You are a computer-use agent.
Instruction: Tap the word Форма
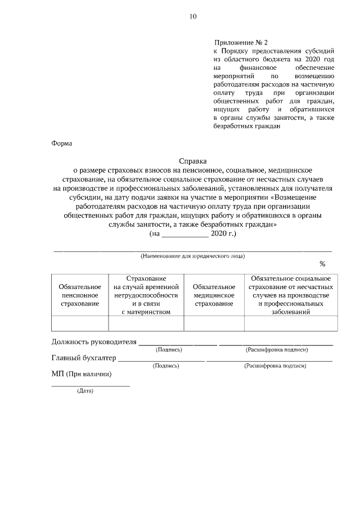[62, 143]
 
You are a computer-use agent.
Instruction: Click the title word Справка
[193, 160]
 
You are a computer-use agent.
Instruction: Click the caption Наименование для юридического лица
[192, 255]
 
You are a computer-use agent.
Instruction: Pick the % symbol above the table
[322, 264]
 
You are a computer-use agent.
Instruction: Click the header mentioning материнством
[146, 295]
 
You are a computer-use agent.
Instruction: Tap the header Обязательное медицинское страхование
[214, 295]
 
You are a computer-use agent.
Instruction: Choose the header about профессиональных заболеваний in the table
[290, 295]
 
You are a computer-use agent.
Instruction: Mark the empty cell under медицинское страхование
[214, 323]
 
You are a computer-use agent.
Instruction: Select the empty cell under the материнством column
[146, 323]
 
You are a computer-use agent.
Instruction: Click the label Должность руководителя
[94, 341]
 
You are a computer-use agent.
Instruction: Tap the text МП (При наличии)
[82, 374]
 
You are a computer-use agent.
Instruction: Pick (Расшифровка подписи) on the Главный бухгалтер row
[275, 366]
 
